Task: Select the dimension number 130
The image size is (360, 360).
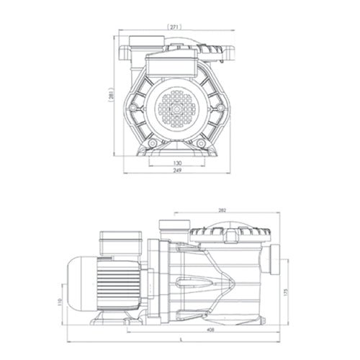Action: point(176,163)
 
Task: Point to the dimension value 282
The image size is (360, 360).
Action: point(222,210)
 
